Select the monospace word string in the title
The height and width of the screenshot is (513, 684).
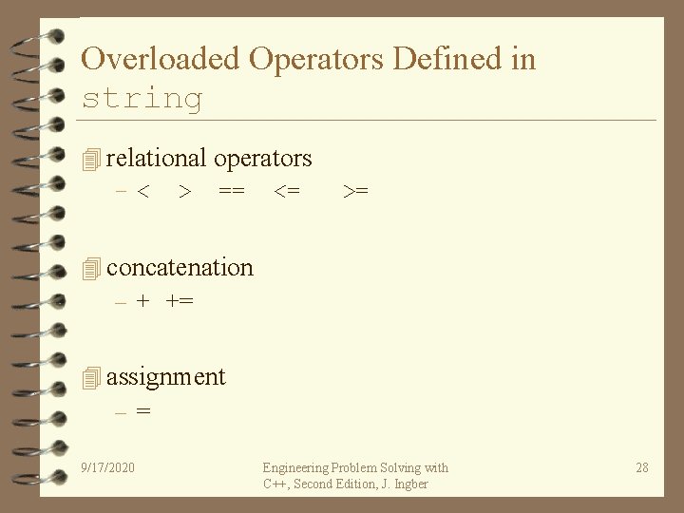[x=142, y=98]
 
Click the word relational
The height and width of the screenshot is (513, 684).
[x=157, y=158]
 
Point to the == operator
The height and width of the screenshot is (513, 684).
[x=231, y=192]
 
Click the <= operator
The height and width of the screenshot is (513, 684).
[x=287, y=192]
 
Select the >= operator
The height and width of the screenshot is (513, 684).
[x=355, y=192]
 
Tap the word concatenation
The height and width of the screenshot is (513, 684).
[x=180, y=268]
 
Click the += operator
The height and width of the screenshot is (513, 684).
[x=179, y=302]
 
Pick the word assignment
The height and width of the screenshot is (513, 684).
[x=165, y=377]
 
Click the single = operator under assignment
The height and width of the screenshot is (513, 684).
[x=142, y=412]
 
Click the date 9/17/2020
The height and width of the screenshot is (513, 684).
[x=108, y=467]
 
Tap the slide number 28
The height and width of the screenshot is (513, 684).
[x=642, y=467]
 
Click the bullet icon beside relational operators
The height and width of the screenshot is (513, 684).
[x=91, y=160]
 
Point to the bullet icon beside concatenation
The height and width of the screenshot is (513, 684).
[x=91, y=270]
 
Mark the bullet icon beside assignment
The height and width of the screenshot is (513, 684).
[x=91, y=379]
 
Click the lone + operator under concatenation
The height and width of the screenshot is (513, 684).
[x=142, y=302]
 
